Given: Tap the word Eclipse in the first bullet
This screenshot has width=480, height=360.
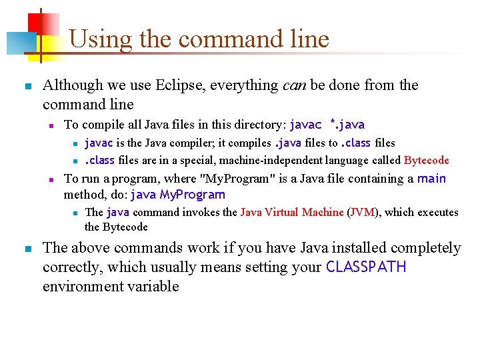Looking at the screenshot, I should pos(181,85).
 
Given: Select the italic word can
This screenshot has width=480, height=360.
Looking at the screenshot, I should pos(294,85).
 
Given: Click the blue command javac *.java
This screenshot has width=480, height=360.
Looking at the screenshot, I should pos(327,125).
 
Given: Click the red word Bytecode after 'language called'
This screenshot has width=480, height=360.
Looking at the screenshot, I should pos(427,160).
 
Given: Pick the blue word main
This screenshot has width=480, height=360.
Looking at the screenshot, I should pos(431,179).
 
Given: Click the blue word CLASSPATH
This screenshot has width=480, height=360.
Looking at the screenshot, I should pos(365,267).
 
